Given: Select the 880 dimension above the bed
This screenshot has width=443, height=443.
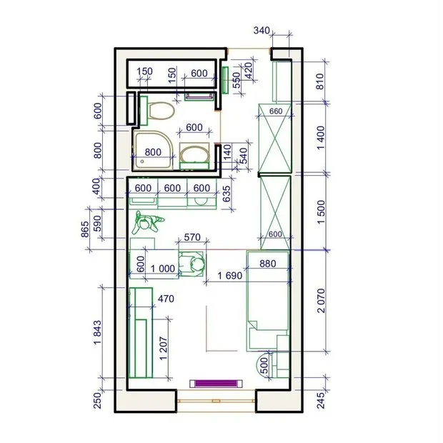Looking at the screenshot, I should point(268,263).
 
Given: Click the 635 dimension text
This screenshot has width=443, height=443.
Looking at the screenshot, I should point(227,194).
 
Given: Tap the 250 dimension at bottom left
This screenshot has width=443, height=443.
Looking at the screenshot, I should point(98,402).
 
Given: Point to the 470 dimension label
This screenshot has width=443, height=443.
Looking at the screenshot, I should point(166,300).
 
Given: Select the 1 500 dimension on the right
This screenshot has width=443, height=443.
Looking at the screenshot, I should point(320,211).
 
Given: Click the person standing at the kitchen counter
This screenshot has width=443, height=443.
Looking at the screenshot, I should point(148,223).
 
